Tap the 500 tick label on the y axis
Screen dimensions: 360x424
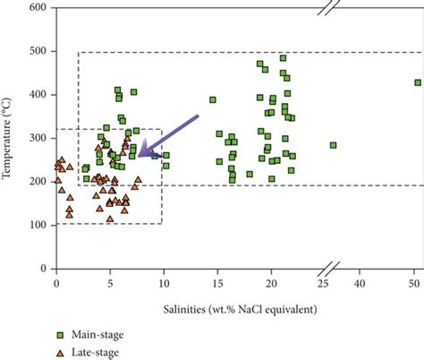coord(38,51)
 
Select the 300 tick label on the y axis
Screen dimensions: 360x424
coord(38,138)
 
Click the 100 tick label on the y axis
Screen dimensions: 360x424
coord(38,225)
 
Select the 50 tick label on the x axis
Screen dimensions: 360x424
coord(415,282)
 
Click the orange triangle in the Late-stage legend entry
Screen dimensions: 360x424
coord(60,352)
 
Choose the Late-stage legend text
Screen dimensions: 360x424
coord(95,352)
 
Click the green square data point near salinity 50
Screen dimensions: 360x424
coord(418,82)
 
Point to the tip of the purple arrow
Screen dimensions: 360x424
coord(138,156)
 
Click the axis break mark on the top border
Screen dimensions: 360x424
coord(330,8)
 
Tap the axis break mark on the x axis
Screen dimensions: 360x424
coord(330,268)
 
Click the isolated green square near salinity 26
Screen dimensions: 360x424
coord(334,145)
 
